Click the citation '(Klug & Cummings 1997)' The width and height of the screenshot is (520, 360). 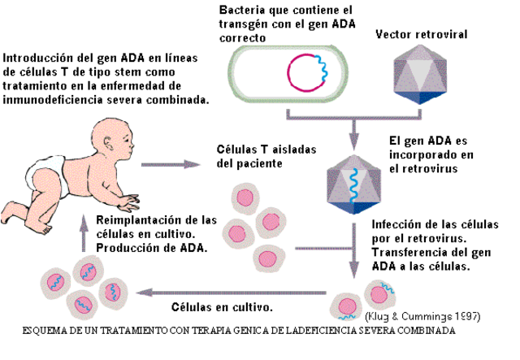[422, 316]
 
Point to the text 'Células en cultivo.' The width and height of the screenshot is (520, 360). [222, 308]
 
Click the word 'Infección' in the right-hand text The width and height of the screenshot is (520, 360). [397, 225]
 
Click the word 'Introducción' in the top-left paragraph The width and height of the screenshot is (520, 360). [40, 58]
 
